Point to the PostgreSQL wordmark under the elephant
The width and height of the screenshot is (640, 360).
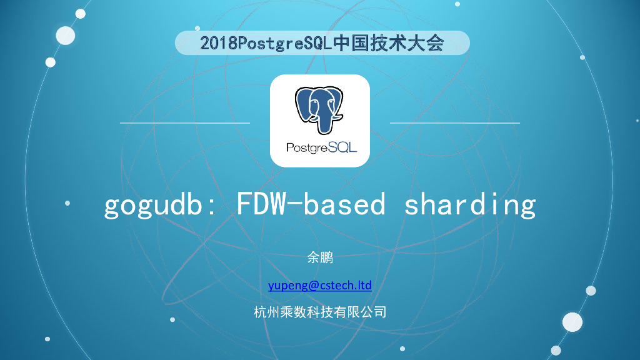tap(319, 147)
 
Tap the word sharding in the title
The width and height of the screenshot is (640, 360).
tap(470, 205)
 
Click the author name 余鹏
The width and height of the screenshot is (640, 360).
tap(319, 257)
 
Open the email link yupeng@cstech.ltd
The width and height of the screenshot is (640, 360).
tap(319, 286)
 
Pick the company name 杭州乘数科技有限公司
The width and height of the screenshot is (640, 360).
tap(319, 312)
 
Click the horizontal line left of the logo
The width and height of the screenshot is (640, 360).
tap(185, 123)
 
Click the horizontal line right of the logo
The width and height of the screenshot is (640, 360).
tap(454, 123)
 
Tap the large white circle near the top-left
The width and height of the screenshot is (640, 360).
tap(65, 36)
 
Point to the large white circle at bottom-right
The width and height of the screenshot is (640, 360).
tap(572, 322)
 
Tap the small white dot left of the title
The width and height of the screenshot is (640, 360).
tap(67, 202)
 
